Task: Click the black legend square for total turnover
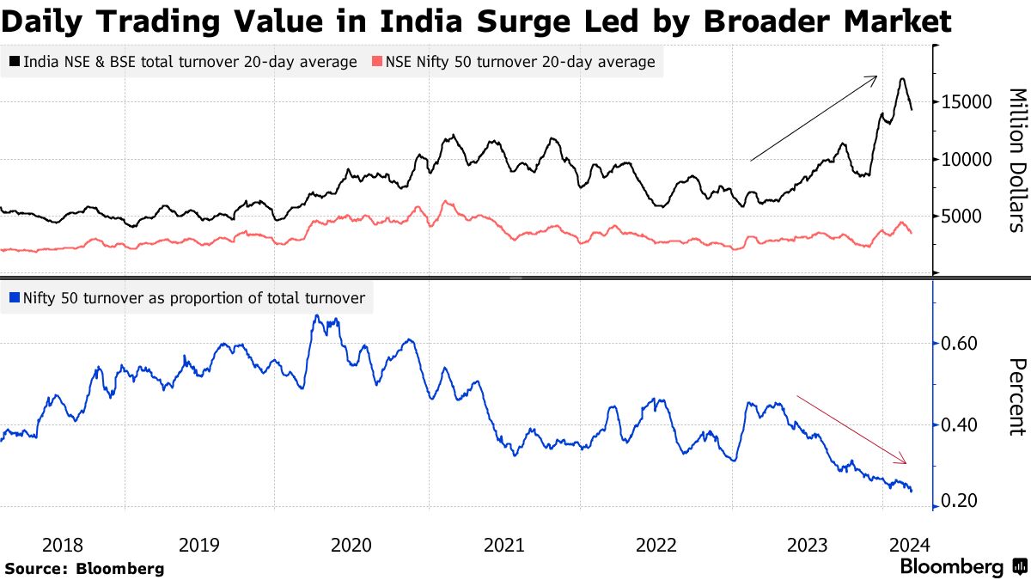tap(15, 62)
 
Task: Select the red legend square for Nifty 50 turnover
tap(375, 62)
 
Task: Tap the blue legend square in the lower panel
tap(15, 298)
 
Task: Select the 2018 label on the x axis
tap(62, 544)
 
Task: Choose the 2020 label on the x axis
tap(351, 544)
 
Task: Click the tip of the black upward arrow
tap(876, 76)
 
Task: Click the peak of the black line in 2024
tap(901, 79)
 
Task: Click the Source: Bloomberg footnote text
tap(84, 568)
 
